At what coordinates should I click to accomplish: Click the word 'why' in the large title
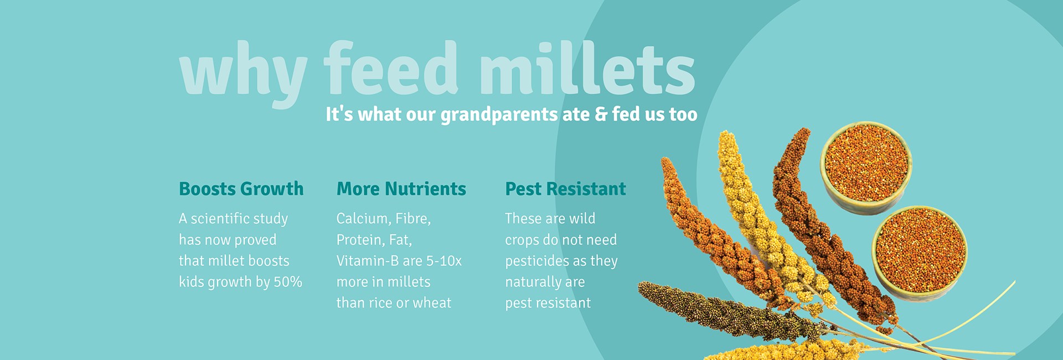(243, 75)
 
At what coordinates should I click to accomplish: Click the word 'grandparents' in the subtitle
(499, 115)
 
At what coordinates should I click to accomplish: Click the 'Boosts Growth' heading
(241, 189)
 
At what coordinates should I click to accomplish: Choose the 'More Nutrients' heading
(401, 189)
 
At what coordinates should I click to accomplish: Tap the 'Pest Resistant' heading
(565, 189)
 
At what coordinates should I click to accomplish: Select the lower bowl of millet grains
(919, 253)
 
